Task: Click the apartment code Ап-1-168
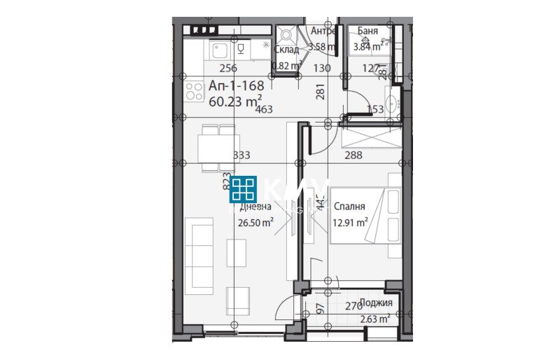tap(236, 85)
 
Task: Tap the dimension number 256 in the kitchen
tap(227, 68)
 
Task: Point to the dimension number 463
tap(264, 109)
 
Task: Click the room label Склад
tap(286, 49)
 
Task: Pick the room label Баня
tap(368, 32)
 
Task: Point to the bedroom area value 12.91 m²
tap(351, 223)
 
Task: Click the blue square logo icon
tap(244, 190)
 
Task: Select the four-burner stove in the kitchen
tap(194, 93)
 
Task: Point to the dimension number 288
tap(353, 156)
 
